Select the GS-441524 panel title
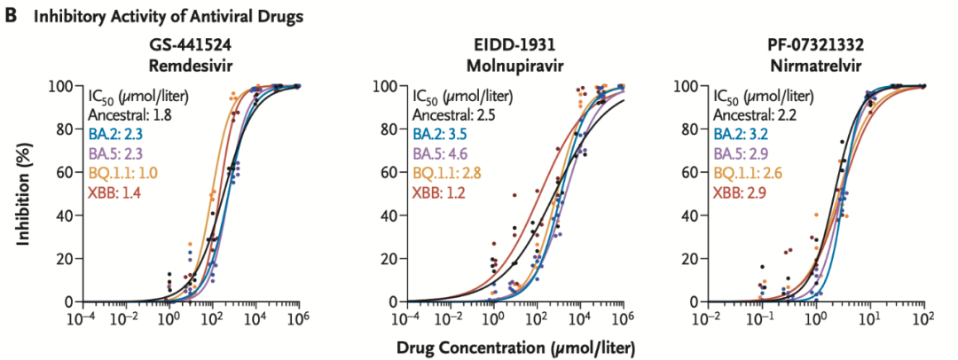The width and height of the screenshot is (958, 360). [x=192, y=46]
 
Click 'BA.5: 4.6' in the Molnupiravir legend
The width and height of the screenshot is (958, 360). [x=441, y=153]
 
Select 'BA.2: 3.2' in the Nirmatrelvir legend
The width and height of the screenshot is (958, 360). [x=738, y=134]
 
